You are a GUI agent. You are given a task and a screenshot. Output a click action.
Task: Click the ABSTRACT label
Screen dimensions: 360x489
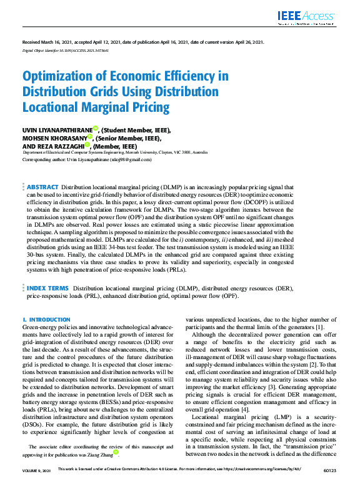point(42,187)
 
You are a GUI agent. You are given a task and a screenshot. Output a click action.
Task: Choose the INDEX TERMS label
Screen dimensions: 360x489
point(47,288)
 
